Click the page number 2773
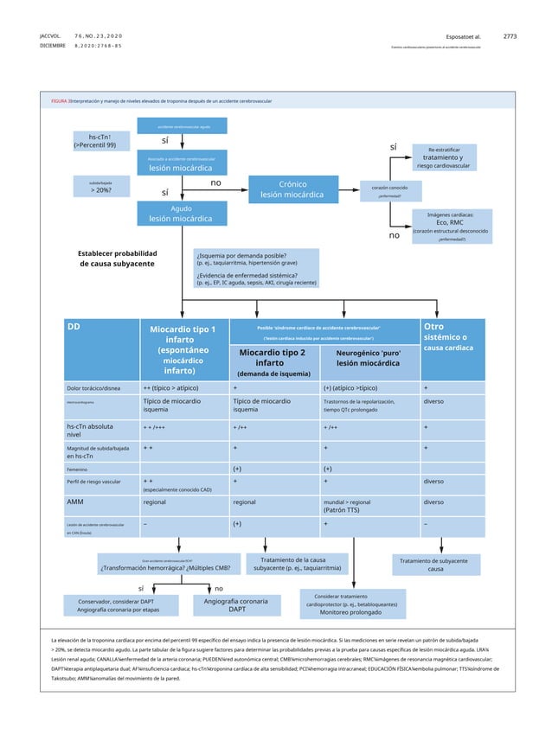point(510,36)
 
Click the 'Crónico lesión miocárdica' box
point(292,189)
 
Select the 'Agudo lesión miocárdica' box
point(181,214)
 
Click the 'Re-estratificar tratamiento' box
point(448,157)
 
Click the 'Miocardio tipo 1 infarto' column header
point(183,349)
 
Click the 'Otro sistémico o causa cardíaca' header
point(453,336)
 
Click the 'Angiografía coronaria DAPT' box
point(236,604)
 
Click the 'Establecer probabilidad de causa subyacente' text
point(119,258)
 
